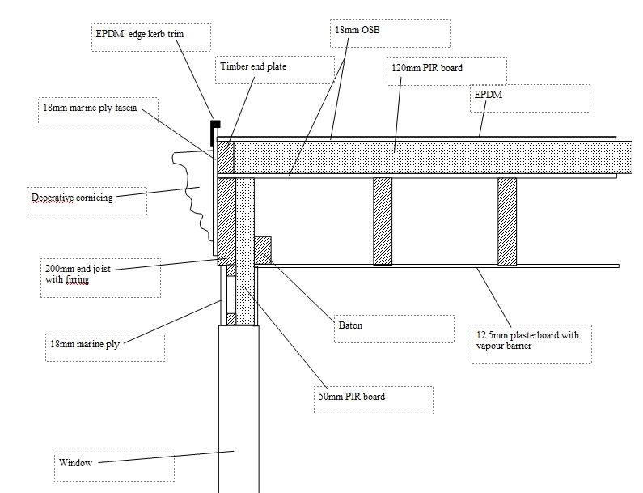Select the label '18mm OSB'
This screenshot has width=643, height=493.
(x=357, y=30)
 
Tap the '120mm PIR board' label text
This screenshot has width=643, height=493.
(x=427, y=68)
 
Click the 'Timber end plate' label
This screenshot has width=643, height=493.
(x=253, y=66)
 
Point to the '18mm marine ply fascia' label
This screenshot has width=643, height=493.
(x=90, y=108)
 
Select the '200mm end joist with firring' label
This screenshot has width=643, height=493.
(x=78, y=274)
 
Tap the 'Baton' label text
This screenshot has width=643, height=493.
(x=350, y=325)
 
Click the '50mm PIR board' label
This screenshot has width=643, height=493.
(x=352, y=397)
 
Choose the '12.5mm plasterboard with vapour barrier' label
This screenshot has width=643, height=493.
(x=528, y=340)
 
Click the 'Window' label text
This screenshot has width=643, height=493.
(x=75, y=463)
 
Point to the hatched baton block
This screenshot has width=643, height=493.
(x=263, y=250)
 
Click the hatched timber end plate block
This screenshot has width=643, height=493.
(x=226, y=158)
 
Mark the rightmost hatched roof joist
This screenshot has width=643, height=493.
(x=507, y=221)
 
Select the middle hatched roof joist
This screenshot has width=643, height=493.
(x=383, y=221)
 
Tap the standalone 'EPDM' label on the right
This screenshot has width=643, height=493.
(x=488, y=95)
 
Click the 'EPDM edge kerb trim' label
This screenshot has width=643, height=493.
(x=139, y=34)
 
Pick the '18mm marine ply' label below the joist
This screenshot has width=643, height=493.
(x=85, y=344)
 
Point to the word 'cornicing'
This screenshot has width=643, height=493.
(x=95, y=198)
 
